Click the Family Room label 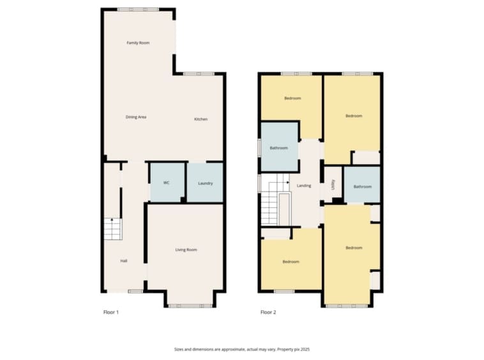tap(138, 43)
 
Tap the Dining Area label tap(136, 117)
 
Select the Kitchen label tap(200, 119)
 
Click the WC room tap(167, 183)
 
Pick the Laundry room tap(205, 183)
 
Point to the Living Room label tap(186, 250)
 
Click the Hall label tap(124, 261)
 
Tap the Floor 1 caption tap(111, 312)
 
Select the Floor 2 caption tap(268, 312)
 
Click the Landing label tap(304, 186)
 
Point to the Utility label tap(333, 184)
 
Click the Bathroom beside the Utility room tap(362, 184)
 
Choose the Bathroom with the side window tap(279, 147)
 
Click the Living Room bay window tap(190, 306)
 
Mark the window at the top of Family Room tap(138, 10)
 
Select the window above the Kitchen tap(199, 74)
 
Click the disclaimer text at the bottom tap(242, 350)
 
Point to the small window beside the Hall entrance tap(135, 291)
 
